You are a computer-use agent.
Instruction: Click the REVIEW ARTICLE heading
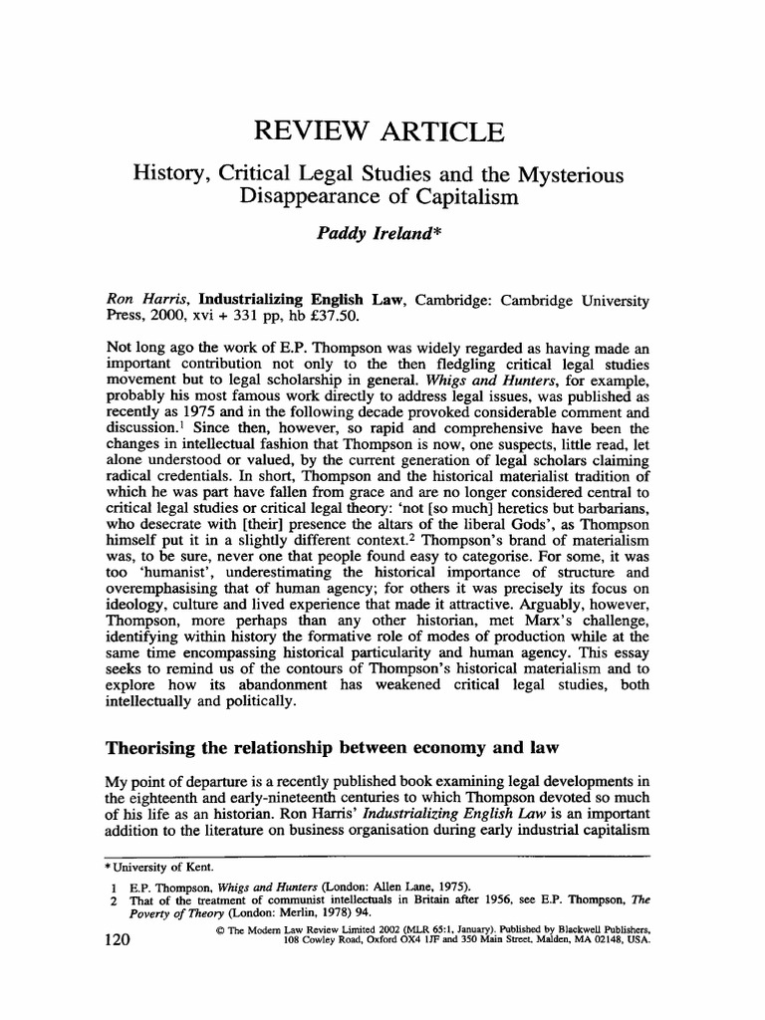pos(379,131)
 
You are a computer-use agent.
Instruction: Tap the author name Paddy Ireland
pos(378,232)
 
